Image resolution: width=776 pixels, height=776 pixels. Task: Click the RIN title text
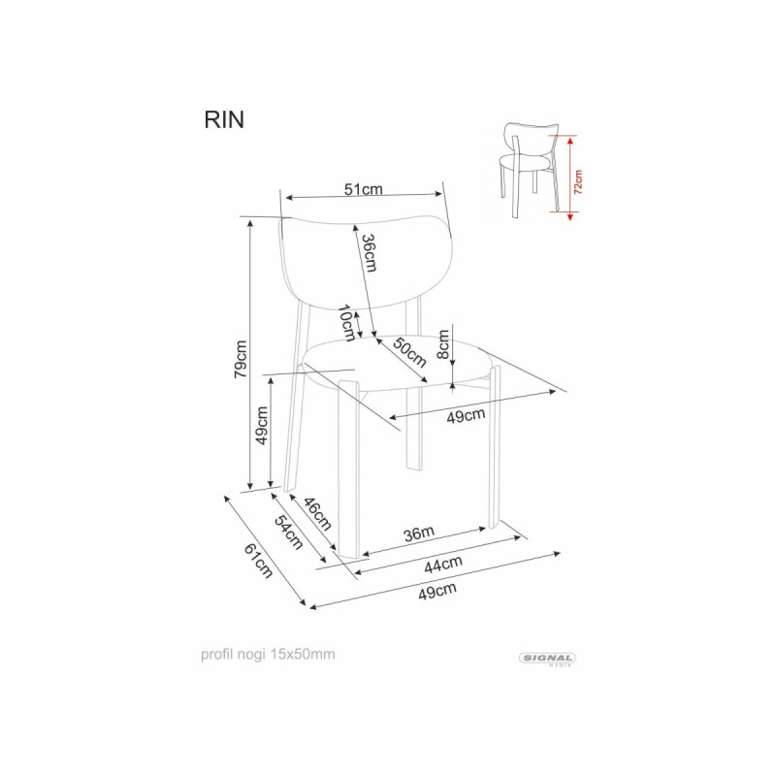coord(224,119)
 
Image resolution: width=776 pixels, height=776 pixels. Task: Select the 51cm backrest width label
coord(364,189)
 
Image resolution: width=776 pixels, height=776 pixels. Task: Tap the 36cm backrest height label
coord(370,252)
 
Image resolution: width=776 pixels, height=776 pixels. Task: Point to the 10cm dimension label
coord(347,323)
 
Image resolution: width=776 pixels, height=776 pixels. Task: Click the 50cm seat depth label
coord(409,352)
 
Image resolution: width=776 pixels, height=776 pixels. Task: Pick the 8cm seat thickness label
coord(443,344)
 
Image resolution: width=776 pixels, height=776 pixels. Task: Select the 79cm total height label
coord(241,359)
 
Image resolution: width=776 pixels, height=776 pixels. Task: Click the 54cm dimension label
coord(288,533)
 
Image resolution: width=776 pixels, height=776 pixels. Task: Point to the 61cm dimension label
coord(258,562)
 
